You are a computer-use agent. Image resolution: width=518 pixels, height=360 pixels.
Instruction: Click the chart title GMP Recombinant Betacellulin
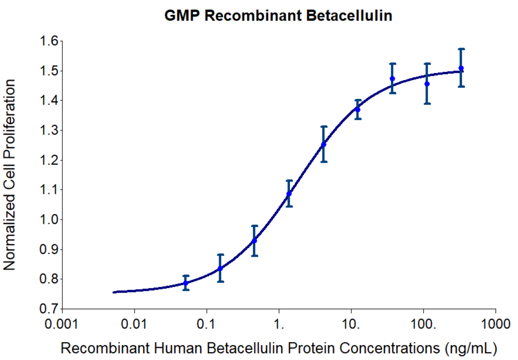pos(278,15)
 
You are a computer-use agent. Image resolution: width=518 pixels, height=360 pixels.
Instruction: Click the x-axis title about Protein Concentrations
pos(279,347)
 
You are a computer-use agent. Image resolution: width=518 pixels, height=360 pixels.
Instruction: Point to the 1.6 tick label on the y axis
pos(49,41)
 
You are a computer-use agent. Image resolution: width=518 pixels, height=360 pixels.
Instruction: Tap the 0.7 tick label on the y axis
pos(49,309)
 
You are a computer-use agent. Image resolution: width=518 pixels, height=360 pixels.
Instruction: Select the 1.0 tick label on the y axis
pos(49,219)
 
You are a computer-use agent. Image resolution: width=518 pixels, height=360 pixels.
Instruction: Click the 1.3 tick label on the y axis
pos(49,130)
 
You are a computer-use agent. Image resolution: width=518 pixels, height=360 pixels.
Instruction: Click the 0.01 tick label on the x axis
pos(134,324)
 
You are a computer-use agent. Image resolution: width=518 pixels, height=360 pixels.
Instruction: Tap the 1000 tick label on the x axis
pos(496,324)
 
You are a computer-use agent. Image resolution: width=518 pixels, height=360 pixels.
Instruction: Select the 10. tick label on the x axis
pos(352,324)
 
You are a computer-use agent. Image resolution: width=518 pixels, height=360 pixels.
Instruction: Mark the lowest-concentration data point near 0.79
pos(186,283)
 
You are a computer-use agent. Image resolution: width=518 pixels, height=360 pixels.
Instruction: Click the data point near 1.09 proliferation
pos(289,193)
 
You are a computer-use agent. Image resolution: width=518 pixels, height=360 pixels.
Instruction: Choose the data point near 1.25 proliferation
pos(323,144)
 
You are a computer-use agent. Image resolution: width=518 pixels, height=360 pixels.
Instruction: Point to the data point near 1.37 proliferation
pos(357,109)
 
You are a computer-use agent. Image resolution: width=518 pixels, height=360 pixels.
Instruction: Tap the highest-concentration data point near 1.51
pos(461,68)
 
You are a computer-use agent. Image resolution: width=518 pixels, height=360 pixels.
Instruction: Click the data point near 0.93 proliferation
pos(254,240)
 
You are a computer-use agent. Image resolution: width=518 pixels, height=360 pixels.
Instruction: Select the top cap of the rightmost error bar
pos(461,49)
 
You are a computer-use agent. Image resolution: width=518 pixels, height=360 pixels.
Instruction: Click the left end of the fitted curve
pos(114,292)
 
